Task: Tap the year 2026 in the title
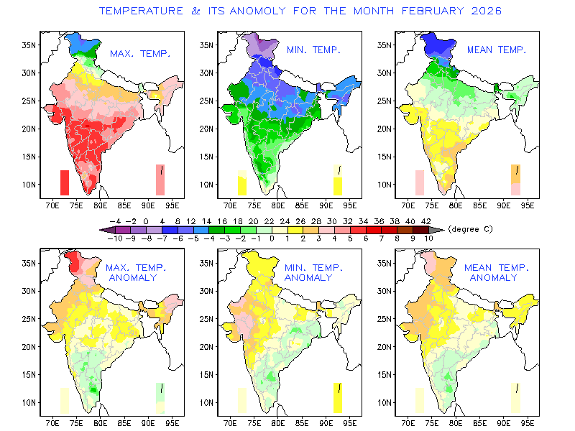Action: click(484, 11)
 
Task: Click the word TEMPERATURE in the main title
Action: click(139, 11)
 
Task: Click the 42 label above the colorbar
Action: click(425, 221)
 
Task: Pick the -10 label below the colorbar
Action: click(116, 238)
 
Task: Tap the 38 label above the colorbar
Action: click(395, 221)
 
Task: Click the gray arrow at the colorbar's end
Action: click(438, 229)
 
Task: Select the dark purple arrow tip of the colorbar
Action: click(105, 229)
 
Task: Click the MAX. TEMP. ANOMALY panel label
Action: click(137, 272)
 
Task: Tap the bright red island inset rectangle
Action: click(65, 182)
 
